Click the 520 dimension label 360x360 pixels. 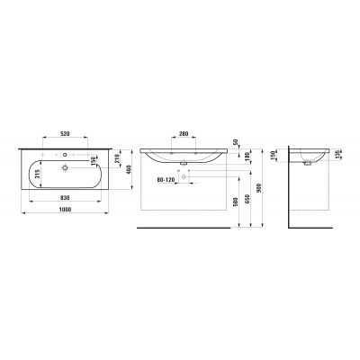pos(65,134)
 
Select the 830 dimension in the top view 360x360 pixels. pos(65,198)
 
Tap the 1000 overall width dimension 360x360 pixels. pos(65,210)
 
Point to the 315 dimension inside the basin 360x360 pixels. pos(38,175)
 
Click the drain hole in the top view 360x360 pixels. pos(65,167)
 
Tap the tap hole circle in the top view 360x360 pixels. pos(65,155)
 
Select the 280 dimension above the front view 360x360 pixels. pos(184,134)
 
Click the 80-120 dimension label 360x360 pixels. pos(166,180)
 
